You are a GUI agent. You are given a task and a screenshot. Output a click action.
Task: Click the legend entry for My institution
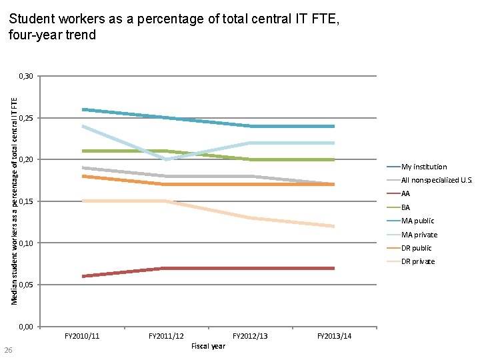[424, 167]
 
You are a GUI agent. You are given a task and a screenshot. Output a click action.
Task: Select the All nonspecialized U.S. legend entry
[436, 180]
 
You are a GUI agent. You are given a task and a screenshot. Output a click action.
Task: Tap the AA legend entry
[405, 194]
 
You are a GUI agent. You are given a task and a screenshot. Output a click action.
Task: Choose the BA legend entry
[405, 207]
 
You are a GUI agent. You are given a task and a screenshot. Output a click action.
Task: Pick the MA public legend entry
[417, 221]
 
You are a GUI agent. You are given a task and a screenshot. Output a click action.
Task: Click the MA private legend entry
[419, 235]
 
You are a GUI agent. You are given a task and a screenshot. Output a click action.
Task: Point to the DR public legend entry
[416, 248]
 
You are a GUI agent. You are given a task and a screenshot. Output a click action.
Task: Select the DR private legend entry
[417, 261]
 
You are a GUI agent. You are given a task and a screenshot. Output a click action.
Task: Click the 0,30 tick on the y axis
[25, 77]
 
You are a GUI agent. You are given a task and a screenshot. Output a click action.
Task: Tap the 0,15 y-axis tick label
[25, 201]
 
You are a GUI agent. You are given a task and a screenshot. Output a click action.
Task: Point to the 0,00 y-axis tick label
[25, 327]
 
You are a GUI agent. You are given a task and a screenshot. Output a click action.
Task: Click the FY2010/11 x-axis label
[82, 336]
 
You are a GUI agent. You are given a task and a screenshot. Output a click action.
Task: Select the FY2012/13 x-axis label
[250, 336]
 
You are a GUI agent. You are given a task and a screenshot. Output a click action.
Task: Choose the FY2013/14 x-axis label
[334, 336]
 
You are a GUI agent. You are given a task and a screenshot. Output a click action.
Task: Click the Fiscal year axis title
[208, 346]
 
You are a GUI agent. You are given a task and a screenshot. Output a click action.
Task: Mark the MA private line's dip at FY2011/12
[166, 159]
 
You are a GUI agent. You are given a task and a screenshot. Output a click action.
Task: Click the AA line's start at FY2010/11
[83, 276]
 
